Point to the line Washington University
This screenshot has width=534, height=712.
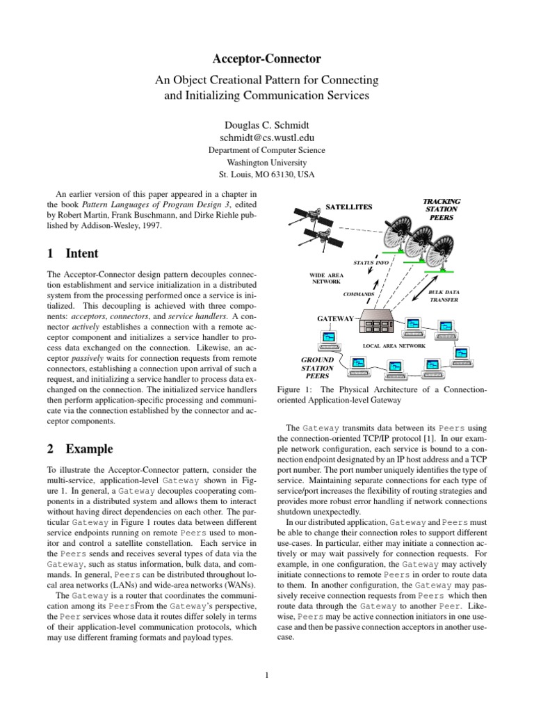coord(267,162)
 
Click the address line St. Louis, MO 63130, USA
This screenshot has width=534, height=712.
coord(267,174)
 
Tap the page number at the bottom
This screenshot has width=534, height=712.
coord(267,674)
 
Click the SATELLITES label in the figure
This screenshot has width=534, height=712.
coord(350,207)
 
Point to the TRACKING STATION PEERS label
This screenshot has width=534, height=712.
coord(442,209)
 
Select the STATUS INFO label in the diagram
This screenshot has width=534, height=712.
coord(372,264)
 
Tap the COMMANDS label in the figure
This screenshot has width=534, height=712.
coord(358,294)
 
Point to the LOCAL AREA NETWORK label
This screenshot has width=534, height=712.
coord(394,345)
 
